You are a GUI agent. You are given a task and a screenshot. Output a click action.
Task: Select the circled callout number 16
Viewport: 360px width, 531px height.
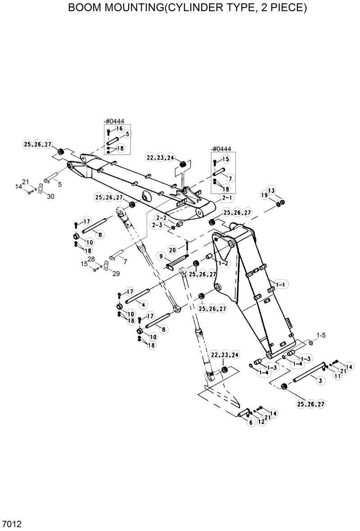[x=119, y=129]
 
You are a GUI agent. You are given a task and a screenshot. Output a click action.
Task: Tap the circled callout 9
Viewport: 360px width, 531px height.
[x=160, y=256]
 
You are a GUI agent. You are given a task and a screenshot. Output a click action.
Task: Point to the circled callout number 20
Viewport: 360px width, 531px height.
[x=172, y=250]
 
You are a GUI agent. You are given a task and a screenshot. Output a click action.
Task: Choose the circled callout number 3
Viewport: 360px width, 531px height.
[x=320, y=381]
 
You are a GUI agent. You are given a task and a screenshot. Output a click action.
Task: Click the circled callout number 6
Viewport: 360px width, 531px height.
[x=251, y=422]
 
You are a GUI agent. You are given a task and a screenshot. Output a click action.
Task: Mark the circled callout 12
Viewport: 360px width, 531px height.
[x=261, y=422]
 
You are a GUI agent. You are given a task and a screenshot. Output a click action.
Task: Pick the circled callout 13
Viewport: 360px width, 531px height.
[x=270, y=191]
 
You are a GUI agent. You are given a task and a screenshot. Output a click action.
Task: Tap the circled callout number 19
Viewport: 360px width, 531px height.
[x=264, y=195]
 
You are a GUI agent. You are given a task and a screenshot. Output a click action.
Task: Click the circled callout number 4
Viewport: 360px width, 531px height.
[x=143, y=304]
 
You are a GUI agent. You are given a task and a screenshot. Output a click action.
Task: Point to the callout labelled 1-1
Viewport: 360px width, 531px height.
[x=282, y=284]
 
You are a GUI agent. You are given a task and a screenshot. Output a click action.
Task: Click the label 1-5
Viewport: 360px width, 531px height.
[x=321, y=335]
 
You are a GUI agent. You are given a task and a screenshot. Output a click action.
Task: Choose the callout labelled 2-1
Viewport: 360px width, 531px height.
[x=226, y=198]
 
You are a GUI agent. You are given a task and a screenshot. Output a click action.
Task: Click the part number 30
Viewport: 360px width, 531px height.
[x=50, y=196]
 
